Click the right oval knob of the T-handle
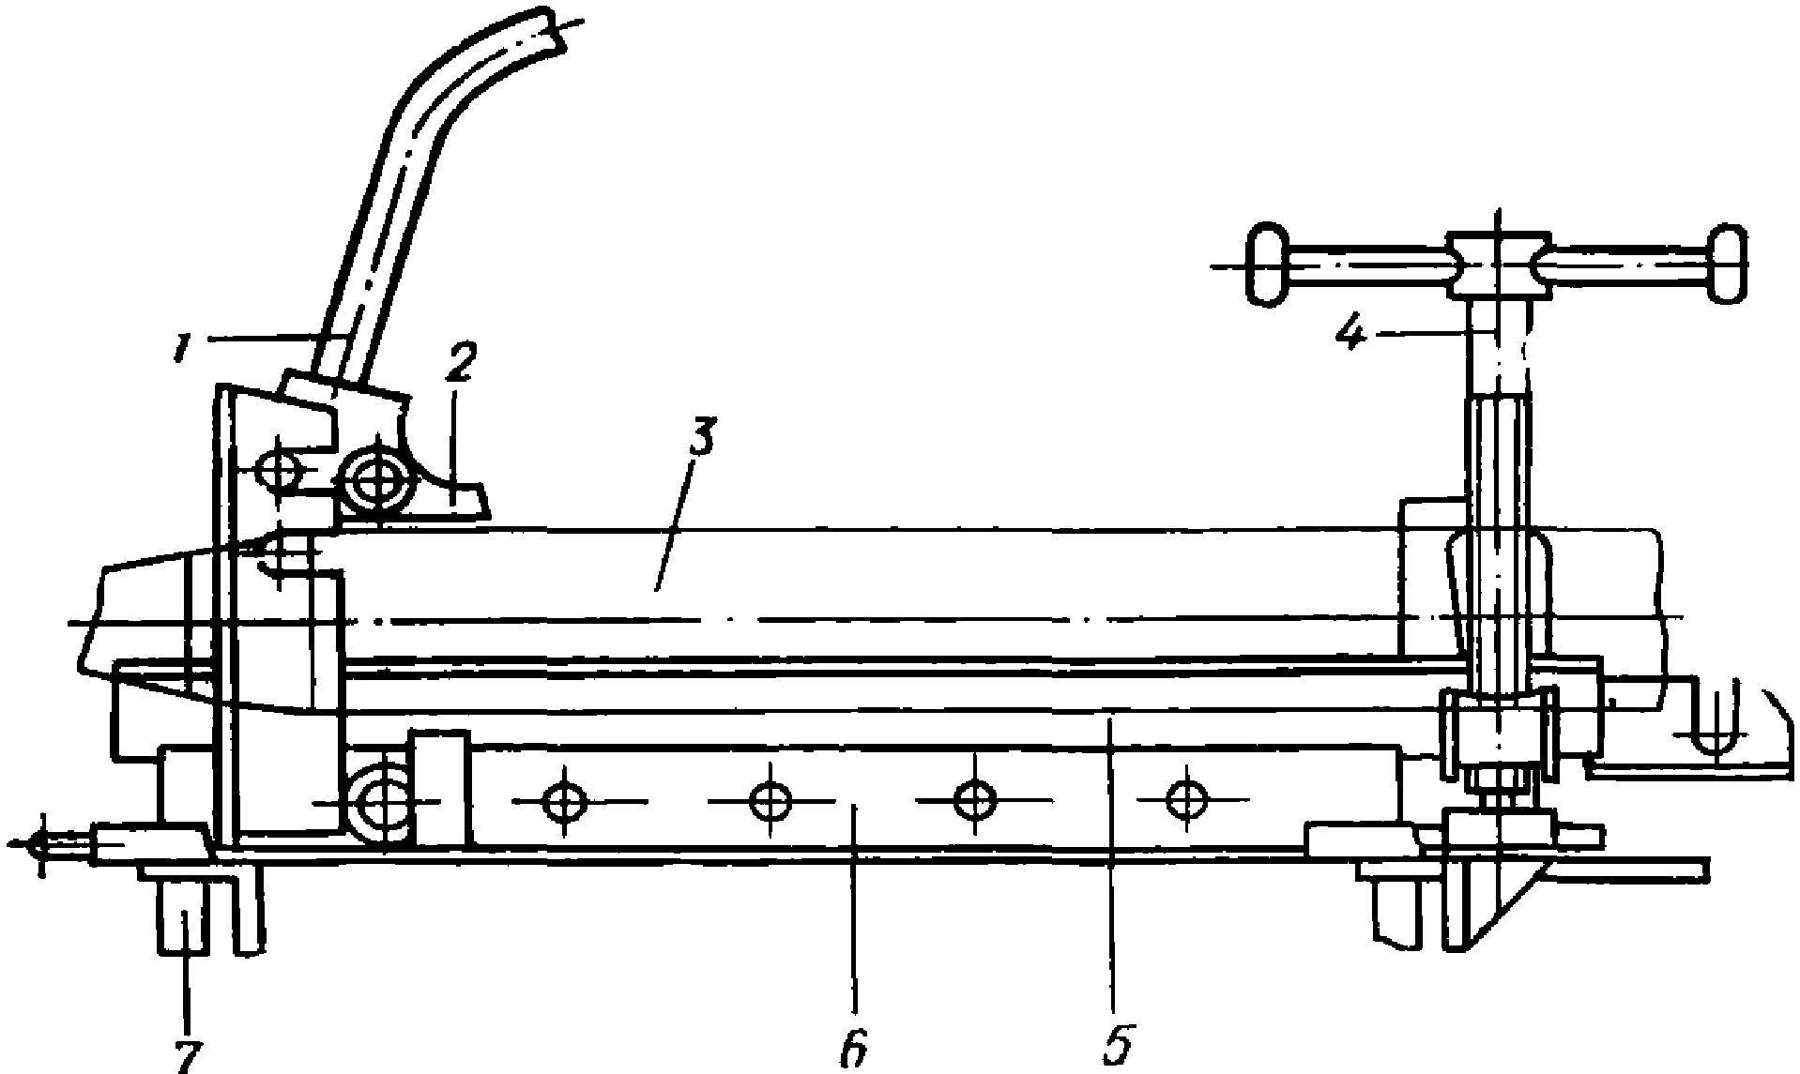click(1728, 264)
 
